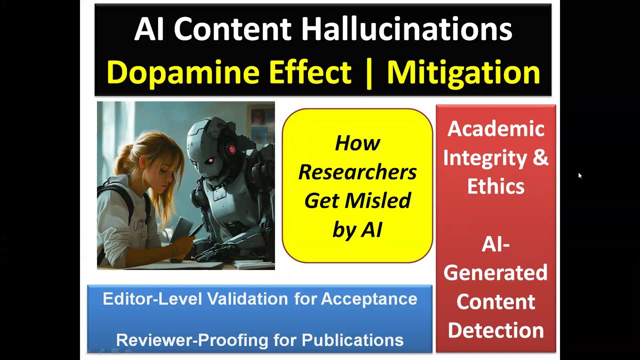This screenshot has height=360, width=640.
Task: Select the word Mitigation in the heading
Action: [x=463, y=72]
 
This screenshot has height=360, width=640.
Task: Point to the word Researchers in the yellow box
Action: [x=357, y=172]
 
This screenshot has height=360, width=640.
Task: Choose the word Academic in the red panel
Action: [x=495, y=129]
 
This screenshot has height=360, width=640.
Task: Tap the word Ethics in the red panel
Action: [x=495, y=186]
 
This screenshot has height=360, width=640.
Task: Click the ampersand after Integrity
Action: [x=540, y=158]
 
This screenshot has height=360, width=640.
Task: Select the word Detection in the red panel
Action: [x=495, y=330]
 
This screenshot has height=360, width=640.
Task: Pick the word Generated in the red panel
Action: [x=495, y=273]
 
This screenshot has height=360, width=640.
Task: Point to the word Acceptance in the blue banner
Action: [x=369, y=299]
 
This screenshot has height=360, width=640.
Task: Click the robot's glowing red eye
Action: [x=231, y=149]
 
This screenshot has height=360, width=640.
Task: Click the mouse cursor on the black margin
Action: [x=580, y=175]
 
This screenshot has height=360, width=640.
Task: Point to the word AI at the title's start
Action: [x=149, y=29]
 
